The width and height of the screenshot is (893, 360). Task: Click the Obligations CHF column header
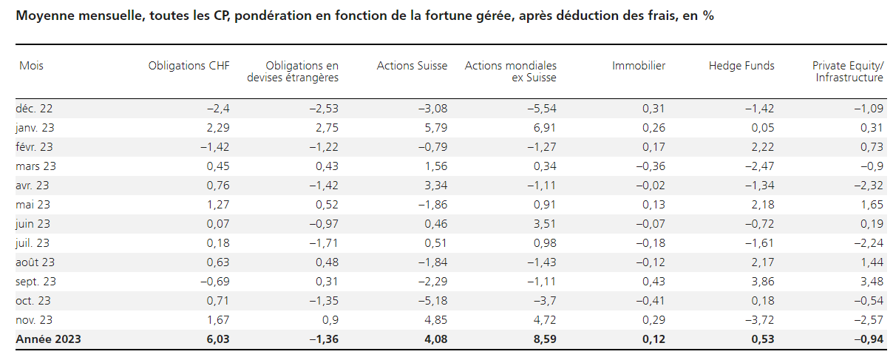(189, 66)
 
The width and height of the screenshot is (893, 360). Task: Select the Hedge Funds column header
(741, 66)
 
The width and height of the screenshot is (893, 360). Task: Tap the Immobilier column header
(639, 66)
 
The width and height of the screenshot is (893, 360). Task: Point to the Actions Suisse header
(412, 66)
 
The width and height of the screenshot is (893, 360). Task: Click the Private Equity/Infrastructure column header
(847, 71)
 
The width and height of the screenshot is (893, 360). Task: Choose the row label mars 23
(36, 166)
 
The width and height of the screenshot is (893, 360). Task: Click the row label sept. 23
(37, 282)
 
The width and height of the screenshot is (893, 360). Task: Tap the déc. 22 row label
(35, 109)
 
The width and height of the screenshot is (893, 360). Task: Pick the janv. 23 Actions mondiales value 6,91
(544, 128)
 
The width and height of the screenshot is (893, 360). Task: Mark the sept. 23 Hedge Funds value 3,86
(762, 282)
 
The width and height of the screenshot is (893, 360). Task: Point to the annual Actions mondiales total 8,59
(544, 339)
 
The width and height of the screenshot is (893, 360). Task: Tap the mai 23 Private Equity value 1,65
(872, 205)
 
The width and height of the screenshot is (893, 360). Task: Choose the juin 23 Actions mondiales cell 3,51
(544, 224)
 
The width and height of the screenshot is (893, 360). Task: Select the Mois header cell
(31, 66)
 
